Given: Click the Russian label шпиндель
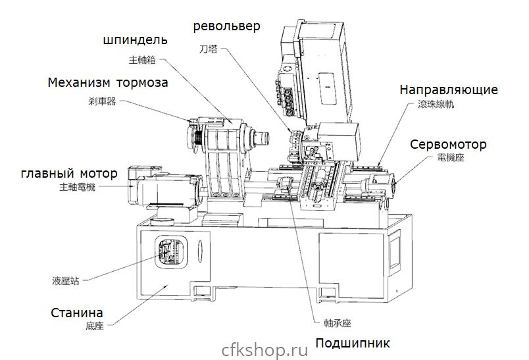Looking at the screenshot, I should [x=135, y=41].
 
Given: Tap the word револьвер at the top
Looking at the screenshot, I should [x=226, y=26].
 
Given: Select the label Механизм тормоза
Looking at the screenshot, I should [x=108, y=84].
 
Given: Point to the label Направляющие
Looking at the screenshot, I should [x=448, y=90].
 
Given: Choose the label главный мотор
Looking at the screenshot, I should [x=69, y=174].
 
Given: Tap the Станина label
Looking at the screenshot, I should [x=77, y=313].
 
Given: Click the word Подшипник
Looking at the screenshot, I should [x=353, y=343].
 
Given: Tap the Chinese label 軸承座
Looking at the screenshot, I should [x=338, y=324].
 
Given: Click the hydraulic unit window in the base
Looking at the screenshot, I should [x=168, y=253].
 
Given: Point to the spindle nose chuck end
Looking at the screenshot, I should [x=263, y=139].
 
